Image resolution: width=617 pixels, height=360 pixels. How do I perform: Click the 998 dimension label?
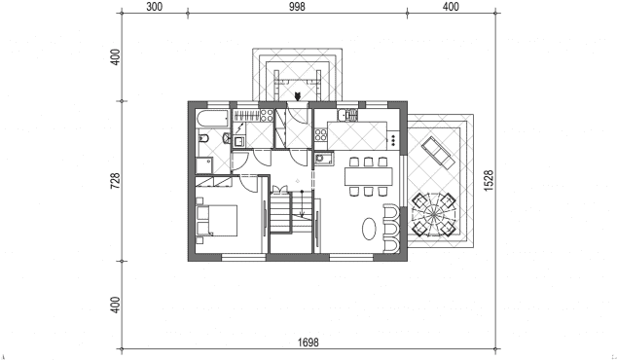(x=297, y=7)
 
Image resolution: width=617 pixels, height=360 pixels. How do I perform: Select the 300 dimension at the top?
(x=154, y=7)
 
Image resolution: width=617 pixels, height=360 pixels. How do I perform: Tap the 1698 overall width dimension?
(x=308, y=342)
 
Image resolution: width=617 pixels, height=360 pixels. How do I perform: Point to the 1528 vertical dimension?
(x=489, y=181)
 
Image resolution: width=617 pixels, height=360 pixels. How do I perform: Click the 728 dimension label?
(x=115, y=181)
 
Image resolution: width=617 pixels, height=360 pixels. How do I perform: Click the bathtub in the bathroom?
(x=213, y=119)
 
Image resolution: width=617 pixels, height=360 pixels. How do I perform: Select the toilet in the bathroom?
(x=203, y=138)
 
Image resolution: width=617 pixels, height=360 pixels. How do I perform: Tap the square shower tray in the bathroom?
(x=204, y=165)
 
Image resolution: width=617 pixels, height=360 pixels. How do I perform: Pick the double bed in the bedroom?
(x=217, y=220)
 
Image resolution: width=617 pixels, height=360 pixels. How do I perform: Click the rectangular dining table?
(x=369, y=177)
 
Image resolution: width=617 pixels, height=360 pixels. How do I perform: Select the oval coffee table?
(x=369, y=229)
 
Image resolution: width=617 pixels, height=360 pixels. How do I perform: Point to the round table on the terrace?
(x=434, y=215)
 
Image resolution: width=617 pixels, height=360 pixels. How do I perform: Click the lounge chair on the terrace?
(x=438, y=153)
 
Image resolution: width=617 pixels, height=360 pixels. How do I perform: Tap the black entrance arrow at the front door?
(x=298, y=96)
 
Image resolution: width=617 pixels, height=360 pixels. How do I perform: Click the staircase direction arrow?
(x=303, y=203)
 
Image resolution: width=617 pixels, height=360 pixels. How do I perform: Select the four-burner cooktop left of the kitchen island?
(x=321, y=135)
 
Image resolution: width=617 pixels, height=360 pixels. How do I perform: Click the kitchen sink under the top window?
(x=347, y=115)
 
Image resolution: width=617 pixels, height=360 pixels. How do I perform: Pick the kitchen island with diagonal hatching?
(x=357, y=136)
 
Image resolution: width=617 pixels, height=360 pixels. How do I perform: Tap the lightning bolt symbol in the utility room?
(x=239, y=128)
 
